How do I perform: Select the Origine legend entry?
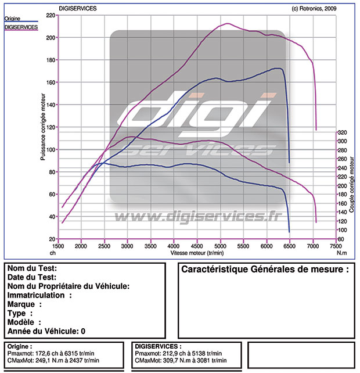pos(12,19)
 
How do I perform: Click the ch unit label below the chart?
pos(53,253)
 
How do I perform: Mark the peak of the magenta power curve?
pos(227,24)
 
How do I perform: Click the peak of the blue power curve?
pos(279,69)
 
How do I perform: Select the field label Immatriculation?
pos(39,295)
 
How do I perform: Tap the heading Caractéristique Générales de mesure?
pos(265,270)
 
